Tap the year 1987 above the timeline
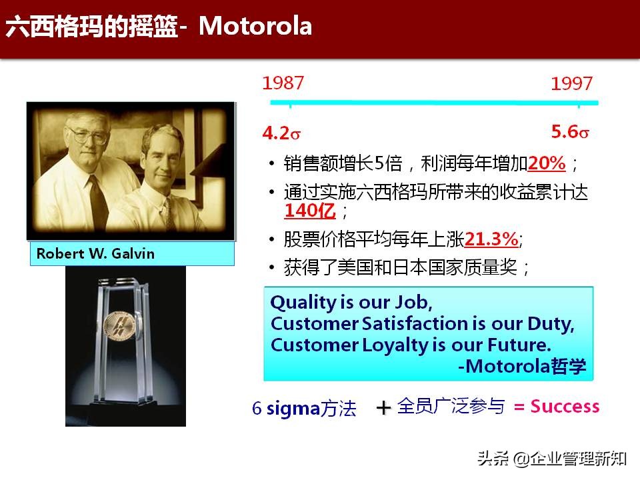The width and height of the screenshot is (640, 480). [283, 83]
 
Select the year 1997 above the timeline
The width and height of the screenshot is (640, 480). [571, 84]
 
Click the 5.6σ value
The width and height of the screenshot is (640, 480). [570, 132]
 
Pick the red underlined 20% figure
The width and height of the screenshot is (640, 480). [547, 163]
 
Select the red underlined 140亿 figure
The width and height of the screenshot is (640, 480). [309, 211]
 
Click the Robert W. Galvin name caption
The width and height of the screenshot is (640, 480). [95, 254]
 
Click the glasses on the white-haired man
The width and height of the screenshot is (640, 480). [87, 136]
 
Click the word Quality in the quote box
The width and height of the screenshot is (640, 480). [303, 303]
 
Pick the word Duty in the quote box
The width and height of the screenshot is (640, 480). [551, 324]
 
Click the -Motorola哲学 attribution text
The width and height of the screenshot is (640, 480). [523, 367]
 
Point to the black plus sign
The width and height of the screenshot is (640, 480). [383, 408]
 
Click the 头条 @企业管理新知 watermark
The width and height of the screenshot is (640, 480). [551, 459]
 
